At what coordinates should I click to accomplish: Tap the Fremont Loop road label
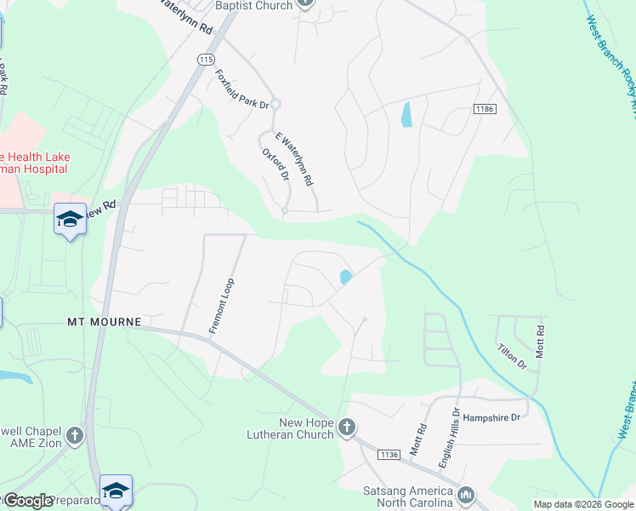point(222,306)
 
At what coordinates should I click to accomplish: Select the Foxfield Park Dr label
point(242,89)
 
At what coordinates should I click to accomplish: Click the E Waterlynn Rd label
point(294,159)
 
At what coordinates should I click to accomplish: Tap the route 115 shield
point(205,59)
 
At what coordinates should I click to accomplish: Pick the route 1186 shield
point(485,109)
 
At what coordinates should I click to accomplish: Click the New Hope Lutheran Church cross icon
point(347,428)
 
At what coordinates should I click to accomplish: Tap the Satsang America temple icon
point(465,495)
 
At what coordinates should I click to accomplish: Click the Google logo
point(27,501)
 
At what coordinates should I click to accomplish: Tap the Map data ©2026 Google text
point(582,504)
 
